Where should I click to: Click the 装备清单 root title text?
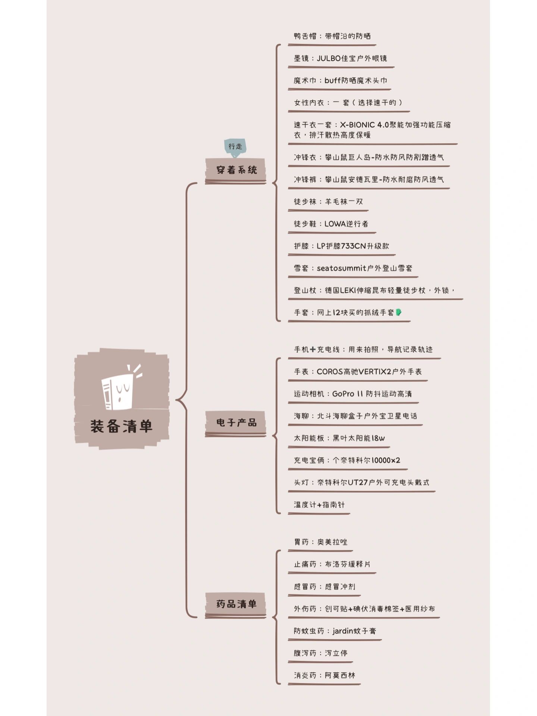(122, 426)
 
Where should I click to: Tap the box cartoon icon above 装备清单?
(120, 389)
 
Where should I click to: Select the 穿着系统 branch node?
(236, 170)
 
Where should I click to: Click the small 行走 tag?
(235, 147)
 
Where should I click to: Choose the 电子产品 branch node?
(236, 423)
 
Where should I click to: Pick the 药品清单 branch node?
(236, 604)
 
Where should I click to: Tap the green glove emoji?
(398, 312)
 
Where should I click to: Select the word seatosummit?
(342, 268)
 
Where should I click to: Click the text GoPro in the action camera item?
(343, 394)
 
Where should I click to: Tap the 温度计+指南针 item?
(319, 505)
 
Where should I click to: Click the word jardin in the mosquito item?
(343, 631)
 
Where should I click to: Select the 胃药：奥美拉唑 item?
(321, 542)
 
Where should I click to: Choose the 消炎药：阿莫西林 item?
(324, 675)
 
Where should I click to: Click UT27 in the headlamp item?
(358, 483)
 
